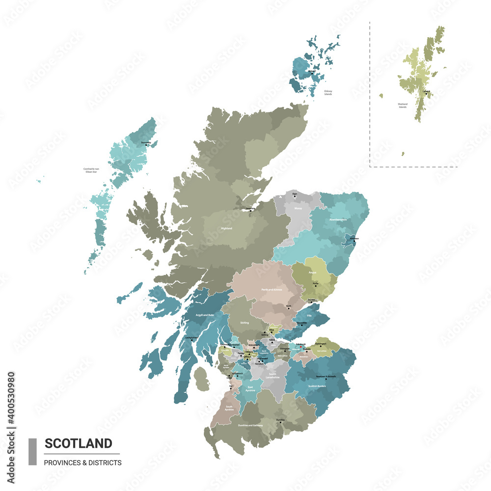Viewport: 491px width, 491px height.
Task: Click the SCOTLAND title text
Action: [79, 443]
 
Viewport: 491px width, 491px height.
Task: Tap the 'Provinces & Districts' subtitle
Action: [82, 463]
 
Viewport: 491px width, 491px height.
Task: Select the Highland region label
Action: [226, 228]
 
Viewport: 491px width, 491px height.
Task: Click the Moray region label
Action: [298, 208]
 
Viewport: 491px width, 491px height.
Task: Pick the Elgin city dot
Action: [295, 197]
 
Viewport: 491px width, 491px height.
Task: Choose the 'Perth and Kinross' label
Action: [272, 290]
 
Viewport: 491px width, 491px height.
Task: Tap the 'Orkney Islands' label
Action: [328, 92]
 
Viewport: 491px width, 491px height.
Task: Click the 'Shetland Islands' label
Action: [403, 106]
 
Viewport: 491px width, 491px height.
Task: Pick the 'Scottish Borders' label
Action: [318, 385]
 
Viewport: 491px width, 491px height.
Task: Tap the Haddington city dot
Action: [321, 346]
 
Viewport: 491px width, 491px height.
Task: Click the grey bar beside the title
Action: [32, 451]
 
